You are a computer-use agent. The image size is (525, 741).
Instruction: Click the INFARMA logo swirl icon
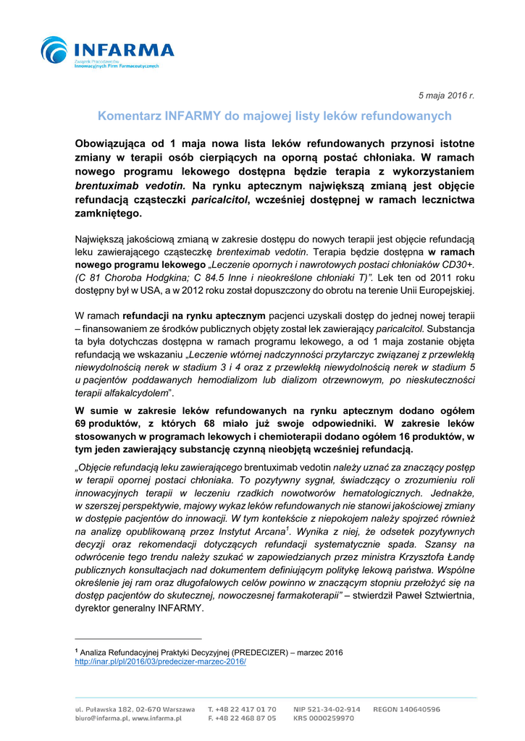coord(54,51)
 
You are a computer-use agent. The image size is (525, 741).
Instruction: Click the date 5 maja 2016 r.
coord(446,96)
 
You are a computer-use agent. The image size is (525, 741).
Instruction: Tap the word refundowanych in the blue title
coord(411,116)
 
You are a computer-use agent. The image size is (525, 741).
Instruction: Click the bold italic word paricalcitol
coord(219,200)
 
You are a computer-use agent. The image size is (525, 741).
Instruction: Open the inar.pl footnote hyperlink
coord(161,661)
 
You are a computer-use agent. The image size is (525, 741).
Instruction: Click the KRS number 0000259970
coord(323,719)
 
